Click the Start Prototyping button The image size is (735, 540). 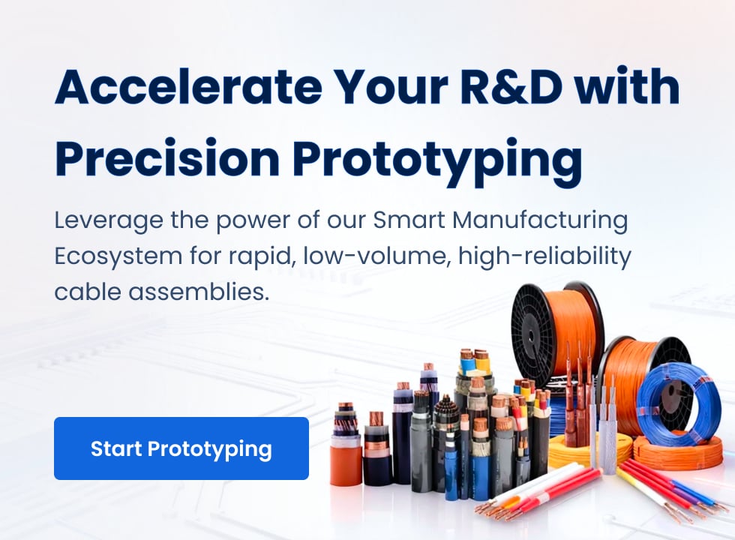click(x=181, y=448)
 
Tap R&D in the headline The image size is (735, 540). click(x=511, y=86)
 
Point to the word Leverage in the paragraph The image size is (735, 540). click(x=109, y=220)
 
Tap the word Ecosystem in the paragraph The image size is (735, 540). click(x=118, y=256)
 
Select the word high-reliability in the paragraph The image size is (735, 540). click(x=544, y=256)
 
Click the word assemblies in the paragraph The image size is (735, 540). click(x=199, y=292)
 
